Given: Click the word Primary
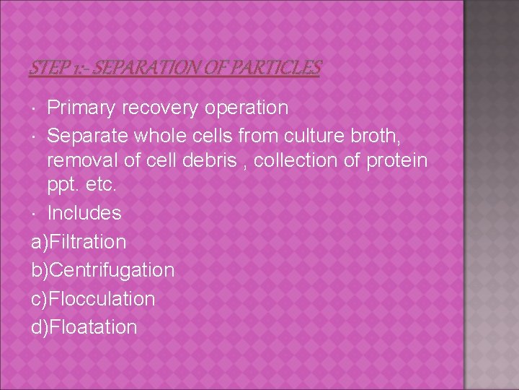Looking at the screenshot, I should pyautogui.click(x=82, y=108).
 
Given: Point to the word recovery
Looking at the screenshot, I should pyautogui.click(x=163, y=108).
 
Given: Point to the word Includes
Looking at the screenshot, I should pyautogui.click(x=84, y=214).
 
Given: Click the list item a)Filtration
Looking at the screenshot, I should pyautogui.click(x=79, y=242).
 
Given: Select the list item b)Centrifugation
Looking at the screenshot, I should pyautogui.click(x=102, y=270).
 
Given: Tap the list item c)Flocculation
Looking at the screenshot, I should pyautogui.click(x=93, y=299).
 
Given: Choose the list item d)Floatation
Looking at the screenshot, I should pyautogui.click(x=84, y=327).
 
